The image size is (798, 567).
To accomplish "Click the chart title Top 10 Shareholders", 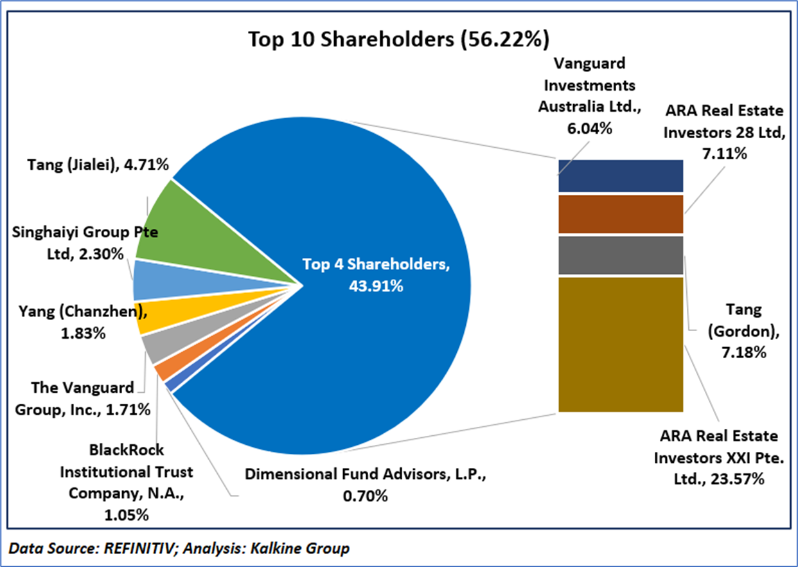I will tap(398, 39).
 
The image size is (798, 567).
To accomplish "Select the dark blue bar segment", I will tap(620, 175).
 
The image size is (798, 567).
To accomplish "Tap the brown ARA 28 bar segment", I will tap(620, 214).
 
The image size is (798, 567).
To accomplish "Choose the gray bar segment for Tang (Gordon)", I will tap(620, 255).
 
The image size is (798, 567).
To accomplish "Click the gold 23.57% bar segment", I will tap(620, 344).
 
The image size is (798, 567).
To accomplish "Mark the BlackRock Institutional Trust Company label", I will tap(126, 482).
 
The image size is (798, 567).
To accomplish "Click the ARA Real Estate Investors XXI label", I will tap(716, 457).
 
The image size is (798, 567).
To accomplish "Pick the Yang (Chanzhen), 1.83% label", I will tap(80, 323).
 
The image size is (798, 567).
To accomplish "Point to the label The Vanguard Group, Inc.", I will tap(90, 398).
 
